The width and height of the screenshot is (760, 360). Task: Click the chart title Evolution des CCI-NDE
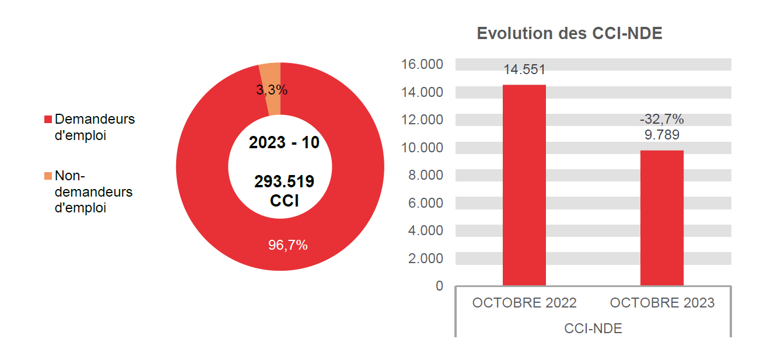click(x=569, y=33)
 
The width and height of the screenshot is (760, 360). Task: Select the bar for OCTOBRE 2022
click(x=524, y=185)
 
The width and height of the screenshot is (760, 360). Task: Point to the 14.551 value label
click(x=524, y=70)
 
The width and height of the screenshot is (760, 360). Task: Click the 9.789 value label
click(x=661, y=135)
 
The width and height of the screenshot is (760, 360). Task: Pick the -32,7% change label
click(x=661, y=120)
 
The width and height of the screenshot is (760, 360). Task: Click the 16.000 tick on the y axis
click(x=422, y=64)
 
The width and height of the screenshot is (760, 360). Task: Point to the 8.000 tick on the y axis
click(x=425, y=175)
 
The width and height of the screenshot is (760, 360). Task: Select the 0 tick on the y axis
click(x=439, y=286)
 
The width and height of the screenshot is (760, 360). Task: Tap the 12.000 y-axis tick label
click(x=422, y=120)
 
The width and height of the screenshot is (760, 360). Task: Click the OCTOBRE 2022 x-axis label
click(x=524, y=303)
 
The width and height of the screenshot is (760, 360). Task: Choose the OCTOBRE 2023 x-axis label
click(x=661, y=303)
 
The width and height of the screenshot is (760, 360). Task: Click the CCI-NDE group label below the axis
click(x=593, y=328)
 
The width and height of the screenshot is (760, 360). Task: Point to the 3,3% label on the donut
click(x=272, y=90)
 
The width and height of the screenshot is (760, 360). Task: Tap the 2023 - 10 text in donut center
click(x=284, y=142)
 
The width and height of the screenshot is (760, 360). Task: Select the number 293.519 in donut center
click(x=284, y=181)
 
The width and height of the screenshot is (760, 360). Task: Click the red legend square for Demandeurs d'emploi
click(x=48, y=120)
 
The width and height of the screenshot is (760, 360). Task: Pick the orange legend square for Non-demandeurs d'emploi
click(x=48, y=176)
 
